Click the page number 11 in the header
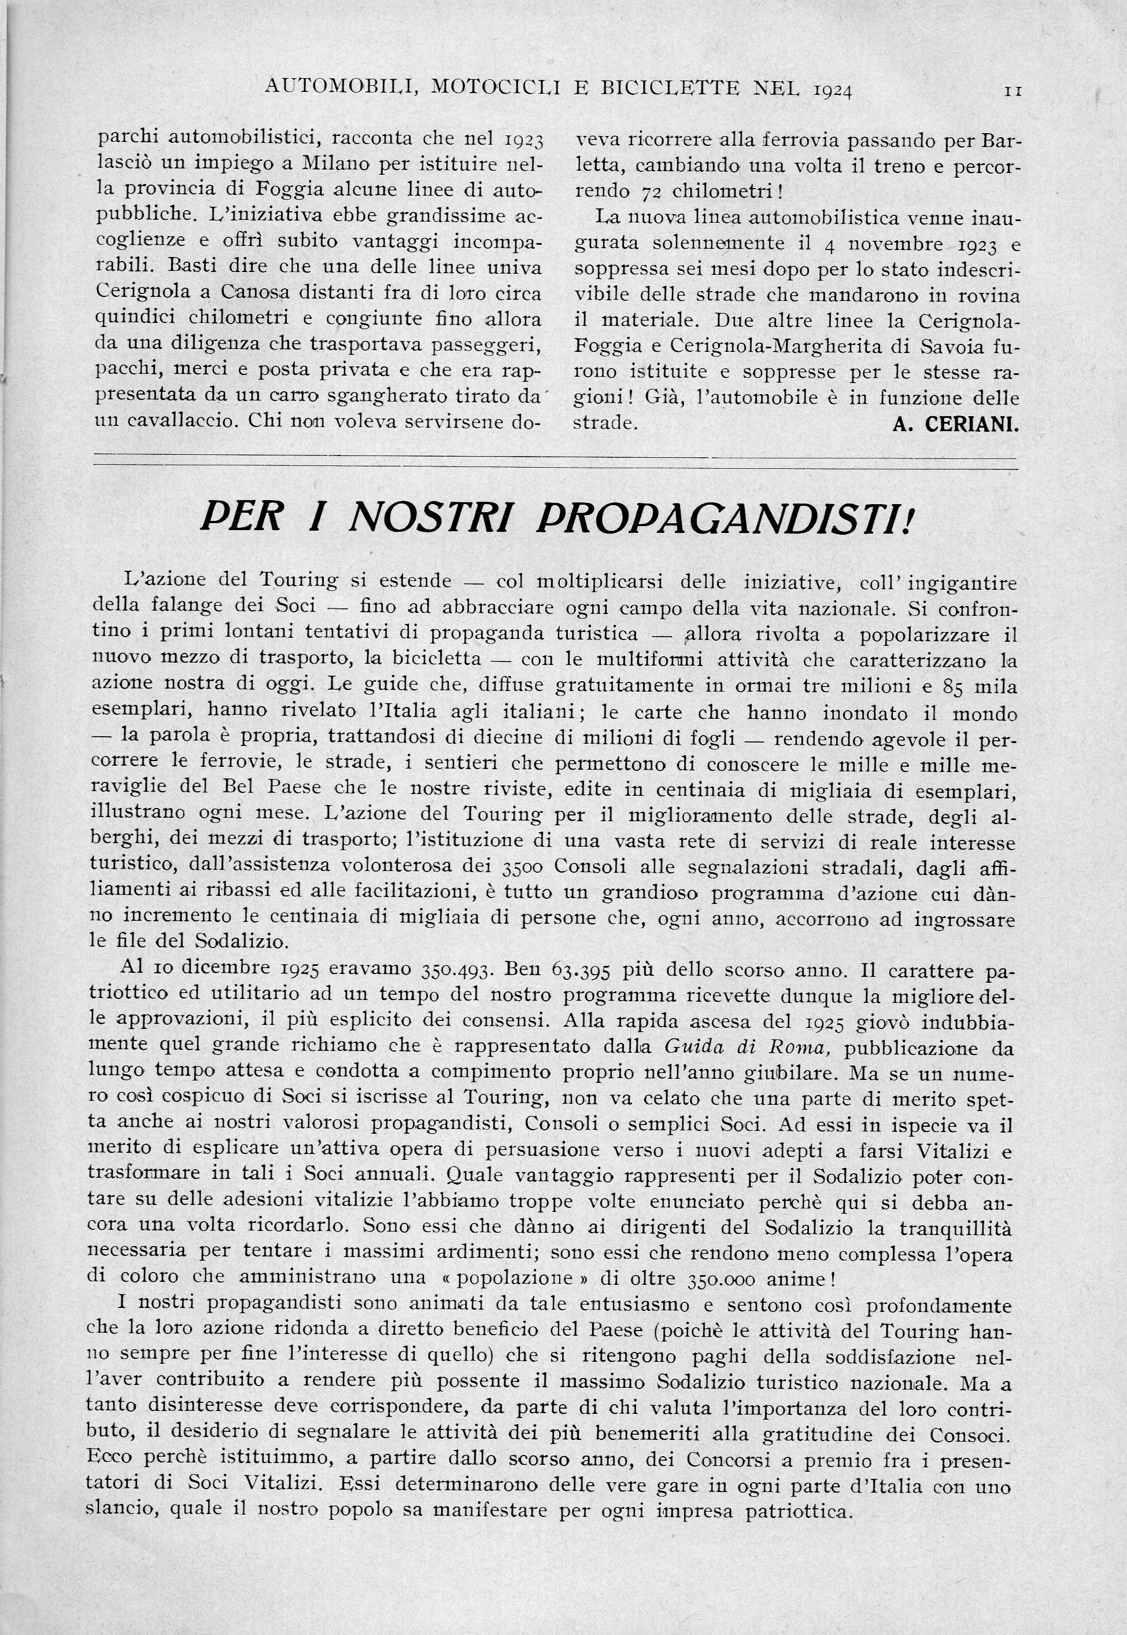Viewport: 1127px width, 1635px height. click(x=1013, y=91)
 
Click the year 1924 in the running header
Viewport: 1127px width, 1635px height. click(x=833, y=90)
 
